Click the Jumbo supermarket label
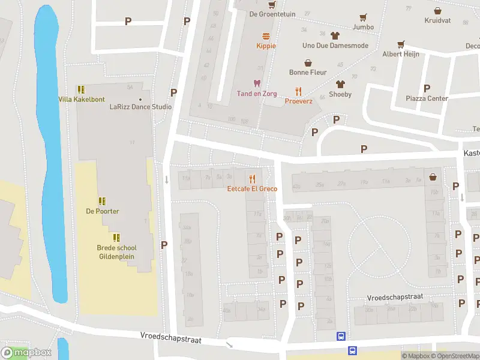point(363,27)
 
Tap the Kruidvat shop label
point(437,20)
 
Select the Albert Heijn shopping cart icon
point(400,44)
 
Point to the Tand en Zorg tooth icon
point(257,83)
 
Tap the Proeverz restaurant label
point(298,101)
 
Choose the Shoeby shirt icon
point(341,84)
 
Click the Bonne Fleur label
point(308,73)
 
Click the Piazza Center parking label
point(427,98)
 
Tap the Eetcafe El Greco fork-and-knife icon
point(252,179)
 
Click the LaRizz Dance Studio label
point(140,107)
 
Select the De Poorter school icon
point(102,201)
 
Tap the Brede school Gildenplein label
point(116,252)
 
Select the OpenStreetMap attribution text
point(458,356)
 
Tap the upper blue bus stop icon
point(341,337)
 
